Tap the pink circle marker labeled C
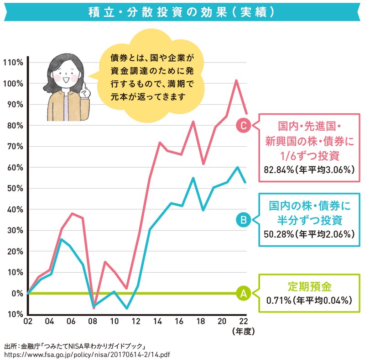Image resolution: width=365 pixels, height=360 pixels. click(x=243, y=125)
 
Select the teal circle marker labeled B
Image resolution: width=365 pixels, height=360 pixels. click(x=243, y=220)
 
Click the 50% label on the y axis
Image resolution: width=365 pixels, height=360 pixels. click(x=14, y=188)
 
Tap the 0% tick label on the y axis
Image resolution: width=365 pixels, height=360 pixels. click(x=16, y=293)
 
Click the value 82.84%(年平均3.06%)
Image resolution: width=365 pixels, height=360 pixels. click(x=309, y=170)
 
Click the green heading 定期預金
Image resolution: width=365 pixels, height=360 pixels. click(x=309, y=287)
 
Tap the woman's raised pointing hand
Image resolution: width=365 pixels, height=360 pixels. click(x=85, y=90)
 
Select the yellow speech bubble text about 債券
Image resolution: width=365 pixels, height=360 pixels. click(x=152, y=78)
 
